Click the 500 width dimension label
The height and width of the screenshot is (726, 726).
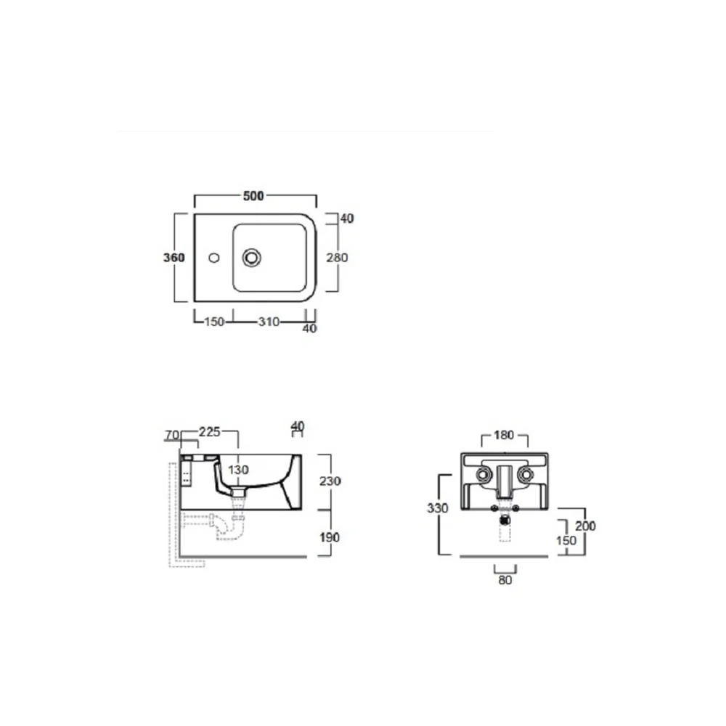[x=253, y=196]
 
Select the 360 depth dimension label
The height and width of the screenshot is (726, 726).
[x=174, y=258]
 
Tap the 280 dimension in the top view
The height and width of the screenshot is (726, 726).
[x=337, y=258]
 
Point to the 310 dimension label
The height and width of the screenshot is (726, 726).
[x=269, y=322]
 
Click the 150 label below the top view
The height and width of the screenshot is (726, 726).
[x=214, y=322]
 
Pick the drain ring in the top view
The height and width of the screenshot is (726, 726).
[x=251, y=258]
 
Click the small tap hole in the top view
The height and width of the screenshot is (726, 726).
[x=214, y=258]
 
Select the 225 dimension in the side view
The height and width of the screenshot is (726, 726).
[x=210, y=432]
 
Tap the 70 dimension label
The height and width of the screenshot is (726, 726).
[x=172, y=435]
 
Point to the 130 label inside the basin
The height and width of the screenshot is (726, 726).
[x=238, y=470]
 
